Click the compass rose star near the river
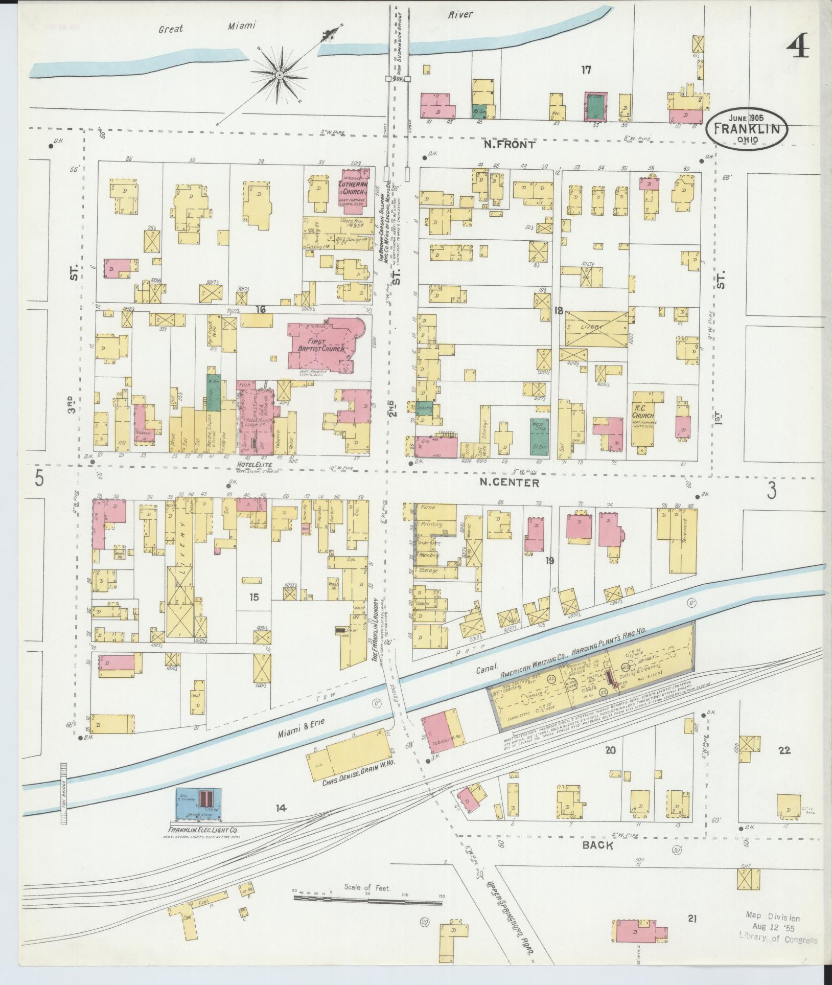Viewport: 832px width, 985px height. click(280, 76)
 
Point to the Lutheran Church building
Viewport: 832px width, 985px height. click(356, 191)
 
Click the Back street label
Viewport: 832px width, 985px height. click(598, 845)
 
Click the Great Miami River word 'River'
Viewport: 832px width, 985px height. click(460, 15)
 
